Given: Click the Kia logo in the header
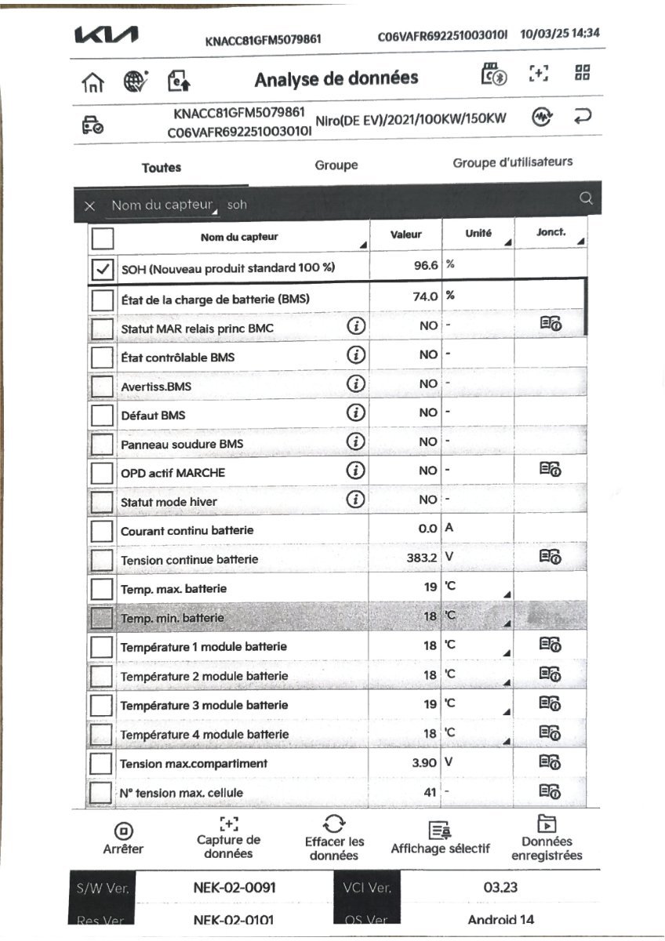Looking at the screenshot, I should [106, 36].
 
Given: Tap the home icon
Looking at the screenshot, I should [93, 80].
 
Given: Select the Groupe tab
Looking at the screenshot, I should [336, 165].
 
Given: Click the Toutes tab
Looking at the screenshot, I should [162, 167].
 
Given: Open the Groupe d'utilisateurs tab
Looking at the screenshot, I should [512, 162].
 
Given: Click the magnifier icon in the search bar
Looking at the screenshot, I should [585, 199].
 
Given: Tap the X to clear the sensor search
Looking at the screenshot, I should [90, 205].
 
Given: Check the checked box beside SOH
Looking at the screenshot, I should [103, 269].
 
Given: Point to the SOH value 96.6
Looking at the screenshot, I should [425, 266].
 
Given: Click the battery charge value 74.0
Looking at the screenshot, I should [425, 296].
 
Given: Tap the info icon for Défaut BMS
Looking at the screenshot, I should [356, 412].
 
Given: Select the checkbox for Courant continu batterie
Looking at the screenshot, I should [102, 531].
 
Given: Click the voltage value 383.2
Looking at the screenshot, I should [417, 558].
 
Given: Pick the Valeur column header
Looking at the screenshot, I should [405, 234].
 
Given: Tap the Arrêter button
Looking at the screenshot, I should [123, 839].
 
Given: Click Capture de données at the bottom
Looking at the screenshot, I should [228, 838].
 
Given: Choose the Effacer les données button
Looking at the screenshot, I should [334, 838].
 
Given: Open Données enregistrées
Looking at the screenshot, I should [547, 839].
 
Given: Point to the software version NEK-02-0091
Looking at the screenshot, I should [234, 888].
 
